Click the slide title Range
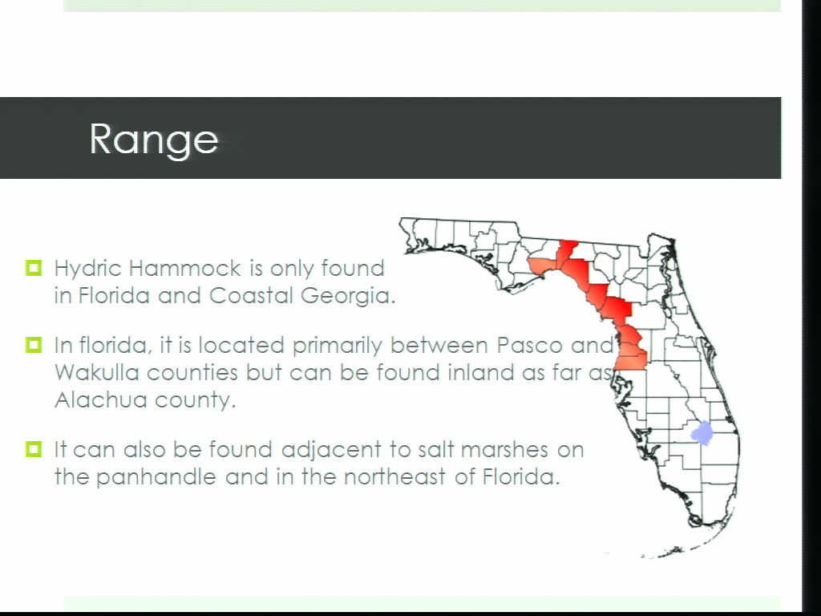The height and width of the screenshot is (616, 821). [153, 140]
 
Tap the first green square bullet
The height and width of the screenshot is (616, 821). [34, 268]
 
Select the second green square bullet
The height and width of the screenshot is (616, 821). [34, 345]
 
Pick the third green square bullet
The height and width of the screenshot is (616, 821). [34, 449]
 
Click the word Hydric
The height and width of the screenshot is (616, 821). [88, 269]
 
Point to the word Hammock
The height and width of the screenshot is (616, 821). [185, 268]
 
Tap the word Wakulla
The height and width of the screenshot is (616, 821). [97, 372]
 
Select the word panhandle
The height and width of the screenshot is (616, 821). [156, 476]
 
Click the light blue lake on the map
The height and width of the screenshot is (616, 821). [702, 433]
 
